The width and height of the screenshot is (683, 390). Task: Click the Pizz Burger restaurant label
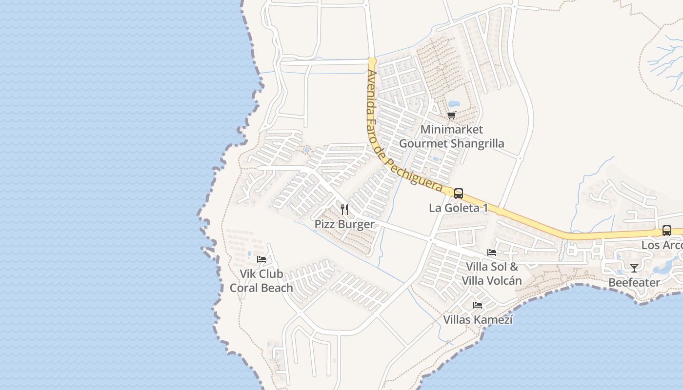coord(344,224)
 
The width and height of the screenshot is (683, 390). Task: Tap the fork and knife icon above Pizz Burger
coord(344,210)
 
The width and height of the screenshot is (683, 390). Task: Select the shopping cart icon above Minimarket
coord(451,116)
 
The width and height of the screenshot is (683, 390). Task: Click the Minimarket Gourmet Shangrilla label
coord(451,136)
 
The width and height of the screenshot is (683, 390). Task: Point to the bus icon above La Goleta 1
coord(458,193)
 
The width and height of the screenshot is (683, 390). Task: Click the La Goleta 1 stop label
coord(458,208)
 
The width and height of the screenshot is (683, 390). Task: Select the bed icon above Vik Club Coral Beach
coord(261,259)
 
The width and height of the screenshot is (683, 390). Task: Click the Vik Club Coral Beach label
coord(261,281)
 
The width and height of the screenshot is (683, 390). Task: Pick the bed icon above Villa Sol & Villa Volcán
coord(492,253)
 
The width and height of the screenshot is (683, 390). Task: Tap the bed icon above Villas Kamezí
coord(478,305)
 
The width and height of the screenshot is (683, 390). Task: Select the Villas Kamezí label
coord(478,320)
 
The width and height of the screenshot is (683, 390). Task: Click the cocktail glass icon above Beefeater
coord(634,268)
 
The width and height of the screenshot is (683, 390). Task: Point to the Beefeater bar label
coord(634,283)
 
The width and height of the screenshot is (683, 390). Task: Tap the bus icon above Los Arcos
coord(666,231)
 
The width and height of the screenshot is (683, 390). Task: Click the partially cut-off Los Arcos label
coord(662,245)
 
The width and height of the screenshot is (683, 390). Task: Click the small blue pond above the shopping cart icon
coord(454,104)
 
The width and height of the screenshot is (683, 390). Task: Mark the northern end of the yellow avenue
coord(372,61)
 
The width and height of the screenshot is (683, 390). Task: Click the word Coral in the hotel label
coord(247,288)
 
